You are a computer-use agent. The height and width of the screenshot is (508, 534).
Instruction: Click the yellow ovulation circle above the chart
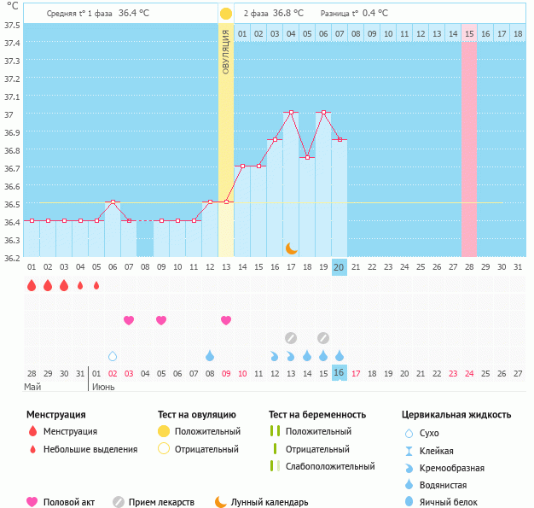(225, 14)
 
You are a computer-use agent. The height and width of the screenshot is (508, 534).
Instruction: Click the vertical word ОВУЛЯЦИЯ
(225, 51)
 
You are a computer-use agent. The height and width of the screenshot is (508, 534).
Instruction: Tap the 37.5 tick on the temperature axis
(11, 25)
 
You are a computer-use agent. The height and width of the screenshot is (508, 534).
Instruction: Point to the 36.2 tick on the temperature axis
(11, 257)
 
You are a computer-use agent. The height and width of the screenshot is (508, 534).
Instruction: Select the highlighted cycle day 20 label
(339, 267)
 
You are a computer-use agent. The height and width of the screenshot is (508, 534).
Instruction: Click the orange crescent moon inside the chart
(291, 248)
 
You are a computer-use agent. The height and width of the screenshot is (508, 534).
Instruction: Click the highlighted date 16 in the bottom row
(339, 373)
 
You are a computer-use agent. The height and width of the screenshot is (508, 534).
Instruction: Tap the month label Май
(32, 387)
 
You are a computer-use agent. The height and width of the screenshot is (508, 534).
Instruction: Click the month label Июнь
(104, 387)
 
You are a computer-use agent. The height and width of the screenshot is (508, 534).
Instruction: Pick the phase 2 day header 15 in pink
(469, 33)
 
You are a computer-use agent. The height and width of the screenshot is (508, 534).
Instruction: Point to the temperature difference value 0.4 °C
(374, 14)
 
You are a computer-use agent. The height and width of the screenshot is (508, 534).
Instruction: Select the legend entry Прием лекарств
(161, 502)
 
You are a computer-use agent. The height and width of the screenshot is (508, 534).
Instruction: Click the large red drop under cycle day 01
(32, 285)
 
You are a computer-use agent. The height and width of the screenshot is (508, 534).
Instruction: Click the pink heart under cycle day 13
(226, 320)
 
